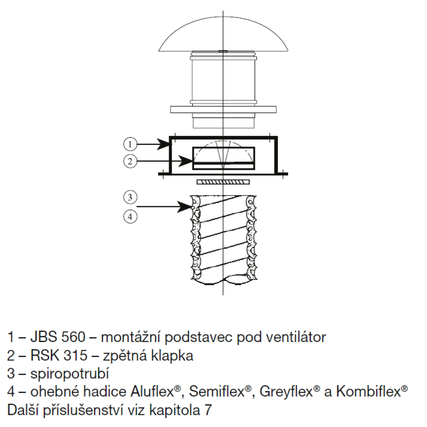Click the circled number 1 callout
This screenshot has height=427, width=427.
click(130, 144)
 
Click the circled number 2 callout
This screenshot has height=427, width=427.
click(130, 161)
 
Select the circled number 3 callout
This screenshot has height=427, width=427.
click(130, 197)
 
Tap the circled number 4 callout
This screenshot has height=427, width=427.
click(130, 217)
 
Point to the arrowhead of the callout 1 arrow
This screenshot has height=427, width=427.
click(164, 144)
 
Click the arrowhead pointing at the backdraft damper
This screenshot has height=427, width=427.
click(186, 161)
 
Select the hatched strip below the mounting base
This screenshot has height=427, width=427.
click(223, 182)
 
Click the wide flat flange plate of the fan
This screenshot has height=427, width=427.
click(223, 109)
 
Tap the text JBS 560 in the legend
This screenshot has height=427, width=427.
click(58, 337)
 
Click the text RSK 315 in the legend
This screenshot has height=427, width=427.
click(59, 355)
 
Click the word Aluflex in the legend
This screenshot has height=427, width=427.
click(152, 392)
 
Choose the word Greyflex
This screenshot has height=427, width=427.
click(286, 392)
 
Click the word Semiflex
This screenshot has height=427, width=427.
click(216, 392)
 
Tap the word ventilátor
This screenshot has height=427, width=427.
click(296, 337)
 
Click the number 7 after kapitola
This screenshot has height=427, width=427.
click(208, 410)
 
